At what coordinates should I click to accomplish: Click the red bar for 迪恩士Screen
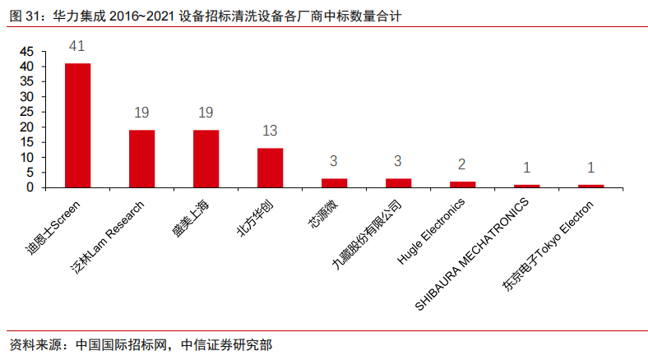point(78,125)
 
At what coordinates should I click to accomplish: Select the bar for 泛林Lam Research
point(142,159)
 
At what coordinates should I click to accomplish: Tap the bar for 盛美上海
point(206,159)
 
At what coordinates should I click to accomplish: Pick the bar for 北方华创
point(271,168)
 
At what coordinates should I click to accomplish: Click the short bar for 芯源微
point(335,182)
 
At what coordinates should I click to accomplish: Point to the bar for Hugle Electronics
point(463,184)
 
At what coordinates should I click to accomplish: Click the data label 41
point(78,47)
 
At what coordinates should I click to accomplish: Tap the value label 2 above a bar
point(463,165)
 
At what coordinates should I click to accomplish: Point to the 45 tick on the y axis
point(27,51)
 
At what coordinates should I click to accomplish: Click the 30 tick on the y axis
point(27,96)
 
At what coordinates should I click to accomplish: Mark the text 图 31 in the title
point(23,15)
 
